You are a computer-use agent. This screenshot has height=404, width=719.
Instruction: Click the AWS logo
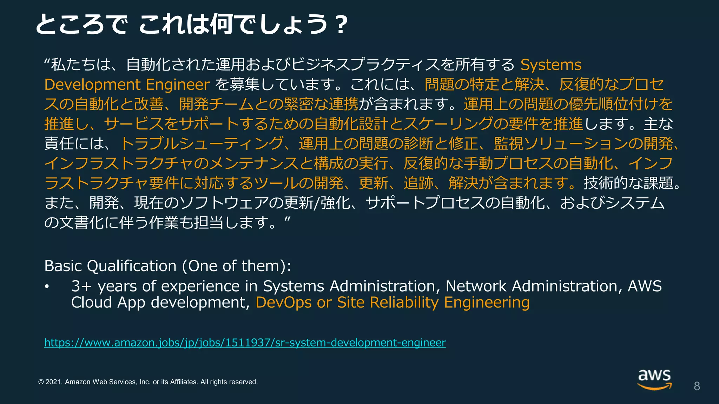pos(654,379)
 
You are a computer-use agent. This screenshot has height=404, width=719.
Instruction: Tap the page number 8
pos(697,386)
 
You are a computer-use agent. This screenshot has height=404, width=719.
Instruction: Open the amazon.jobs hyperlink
pos(245,343)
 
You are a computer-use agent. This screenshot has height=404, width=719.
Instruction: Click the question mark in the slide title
pos(341,25)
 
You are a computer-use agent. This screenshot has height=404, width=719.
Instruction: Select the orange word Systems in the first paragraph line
pos(550,65)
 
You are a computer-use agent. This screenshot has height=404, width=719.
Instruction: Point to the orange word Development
pos(92,85)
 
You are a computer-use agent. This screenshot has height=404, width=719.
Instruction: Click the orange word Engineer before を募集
pos(178,85)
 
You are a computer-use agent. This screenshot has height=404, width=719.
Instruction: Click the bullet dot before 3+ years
pos(47,287)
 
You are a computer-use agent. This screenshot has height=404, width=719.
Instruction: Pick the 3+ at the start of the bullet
pos(81,287)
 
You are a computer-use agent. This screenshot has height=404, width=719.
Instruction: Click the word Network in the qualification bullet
pos(476,287)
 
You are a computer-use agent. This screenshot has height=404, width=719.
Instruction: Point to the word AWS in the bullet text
pos(645,287)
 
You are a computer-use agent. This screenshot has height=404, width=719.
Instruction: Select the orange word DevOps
pos(283,303)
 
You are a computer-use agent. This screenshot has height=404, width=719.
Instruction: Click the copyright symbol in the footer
pos(41,382)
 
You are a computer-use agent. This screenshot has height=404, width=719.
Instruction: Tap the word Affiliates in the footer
pos(184,382)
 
